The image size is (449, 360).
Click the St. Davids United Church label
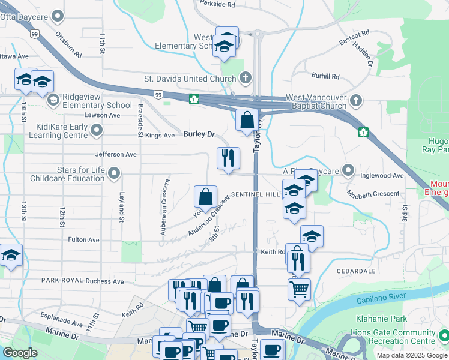190,79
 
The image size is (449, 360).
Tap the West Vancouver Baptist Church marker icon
356,100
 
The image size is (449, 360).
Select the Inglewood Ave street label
382,176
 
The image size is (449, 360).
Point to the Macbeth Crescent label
373,193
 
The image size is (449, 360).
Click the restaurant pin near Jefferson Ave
228,158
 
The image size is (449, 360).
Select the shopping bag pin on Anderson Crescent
205,197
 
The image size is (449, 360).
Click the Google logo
20,353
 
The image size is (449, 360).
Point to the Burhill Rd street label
325,76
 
